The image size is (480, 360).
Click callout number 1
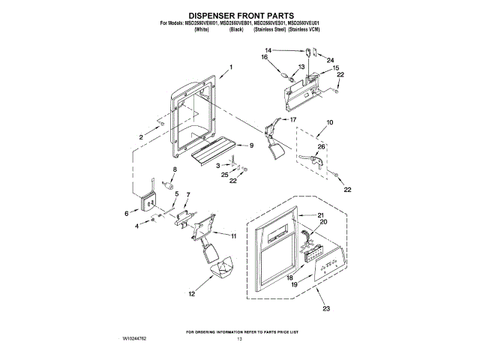click(x=231, y=67)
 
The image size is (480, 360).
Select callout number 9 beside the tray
click(x=251, y=145)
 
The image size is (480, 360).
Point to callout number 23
click(x=325, y=308)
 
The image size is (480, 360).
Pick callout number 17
click(x=293, y=120)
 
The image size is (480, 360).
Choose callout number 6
click(x=127, y=214)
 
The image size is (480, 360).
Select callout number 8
click(x=175, y=170)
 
